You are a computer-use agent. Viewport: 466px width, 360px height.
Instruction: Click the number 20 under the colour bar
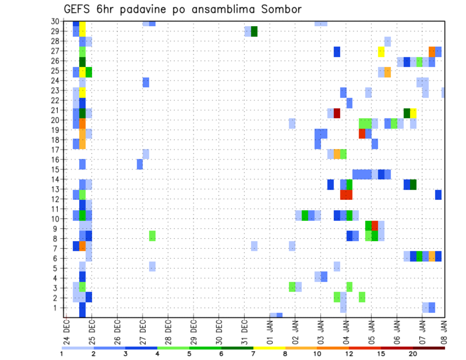pos(413,354)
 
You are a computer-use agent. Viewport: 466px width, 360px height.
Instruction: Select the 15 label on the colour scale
pos(381,354)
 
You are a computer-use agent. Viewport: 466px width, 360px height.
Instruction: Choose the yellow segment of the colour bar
pos(269,347)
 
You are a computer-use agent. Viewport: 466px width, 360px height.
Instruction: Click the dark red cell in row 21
pos(337,113)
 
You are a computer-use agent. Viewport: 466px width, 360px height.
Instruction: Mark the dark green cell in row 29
pos(254,32)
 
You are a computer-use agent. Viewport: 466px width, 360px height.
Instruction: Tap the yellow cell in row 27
pos(381,51)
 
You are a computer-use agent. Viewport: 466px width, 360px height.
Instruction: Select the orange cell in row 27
pos(432,51)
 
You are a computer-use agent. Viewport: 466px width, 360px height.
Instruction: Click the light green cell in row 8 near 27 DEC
pos(152,236)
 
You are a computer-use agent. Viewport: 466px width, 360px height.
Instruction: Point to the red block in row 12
pos(346,195)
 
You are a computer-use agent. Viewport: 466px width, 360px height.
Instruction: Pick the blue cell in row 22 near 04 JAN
pos(349,103)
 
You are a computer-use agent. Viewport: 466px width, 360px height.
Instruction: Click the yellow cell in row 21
pos(413,113)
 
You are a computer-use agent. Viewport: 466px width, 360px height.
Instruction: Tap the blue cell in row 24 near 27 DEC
pos(146,82)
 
